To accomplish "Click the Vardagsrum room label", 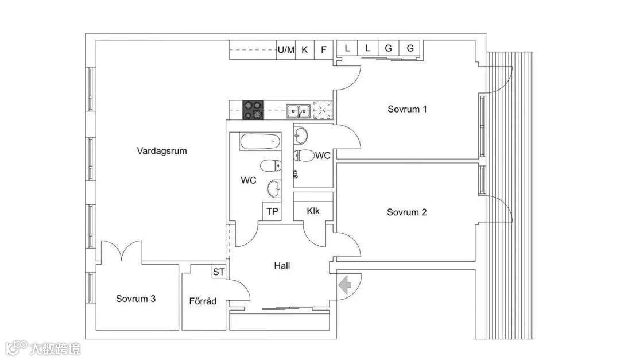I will [x=162, y=151].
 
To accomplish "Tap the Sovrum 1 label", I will [x=407, y=109].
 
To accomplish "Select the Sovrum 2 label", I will [x=406, y=212].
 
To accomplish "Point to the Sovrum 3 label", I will [x=135, y=299].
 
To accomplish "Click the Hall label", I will [x=282, y=266].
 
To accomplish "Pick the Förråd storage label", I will [x=203, y=301].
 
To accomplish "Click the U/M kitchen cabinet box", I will [x=286, y=49].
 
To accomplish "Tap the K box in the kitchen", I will [x=305, y=49].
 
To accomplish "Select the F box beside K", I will [x=324, y=49].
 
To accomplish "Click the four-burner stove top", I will [x=253, y=110].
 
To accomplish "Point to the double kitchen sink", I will [x=299, y=110].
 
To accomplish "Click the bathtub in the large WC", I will [x=260, y=141].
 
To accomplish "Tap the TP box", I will [x=272, y=211].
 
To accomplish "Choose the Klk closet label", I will [x=313, y=211].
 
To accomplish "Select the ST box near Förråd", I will [x=219, y=272].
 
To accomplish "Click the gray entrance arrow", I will [x=346, y=285].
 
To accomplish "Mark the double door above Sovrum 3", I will [x=122, y=251].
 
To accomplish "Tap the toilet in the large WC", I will [x=271, y=167].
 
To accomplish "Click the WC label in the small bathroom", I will [x=323, y=155].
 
